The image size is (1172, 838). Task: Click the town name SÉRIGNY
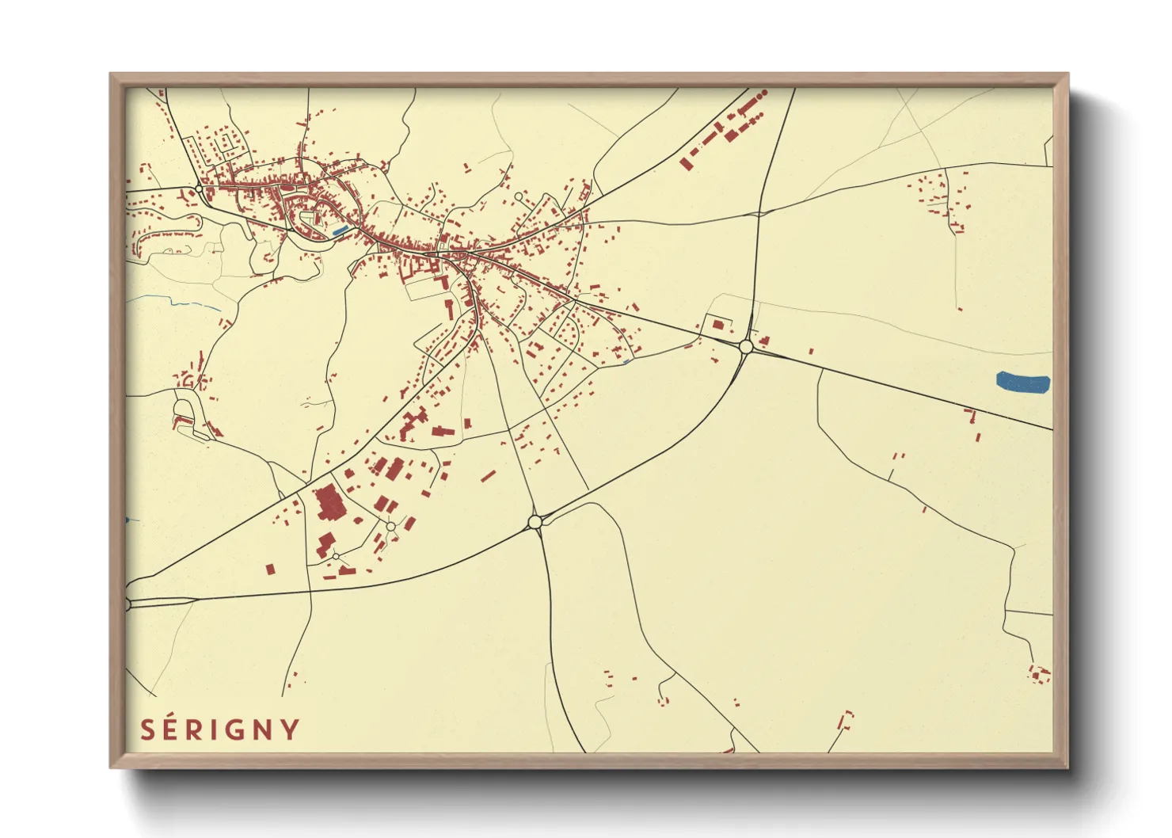220,729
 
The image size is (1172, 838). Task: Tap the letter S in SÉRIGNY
147,729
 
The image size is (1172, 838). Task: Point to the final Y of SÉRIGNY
291,729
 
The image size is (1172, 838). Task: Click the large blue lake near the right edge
1022,382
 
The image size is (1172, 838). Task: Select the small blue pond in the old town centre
340,230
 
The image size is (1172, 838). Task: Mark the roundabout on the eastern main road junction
745,346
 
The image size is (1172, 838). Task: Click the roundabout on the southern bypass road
535,521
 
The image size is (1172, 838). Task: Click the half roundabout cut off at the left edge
127,604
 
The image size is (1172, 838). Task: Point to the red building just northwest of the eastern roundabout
718,325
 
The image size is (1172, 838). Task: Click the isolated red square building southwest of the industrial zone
270,569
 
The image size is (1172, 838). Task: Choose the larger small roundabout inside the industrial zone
390,526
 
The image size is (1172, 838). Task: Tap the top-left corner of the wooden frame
111,74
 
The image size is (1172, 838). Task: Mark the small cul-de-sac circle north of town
519,196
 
